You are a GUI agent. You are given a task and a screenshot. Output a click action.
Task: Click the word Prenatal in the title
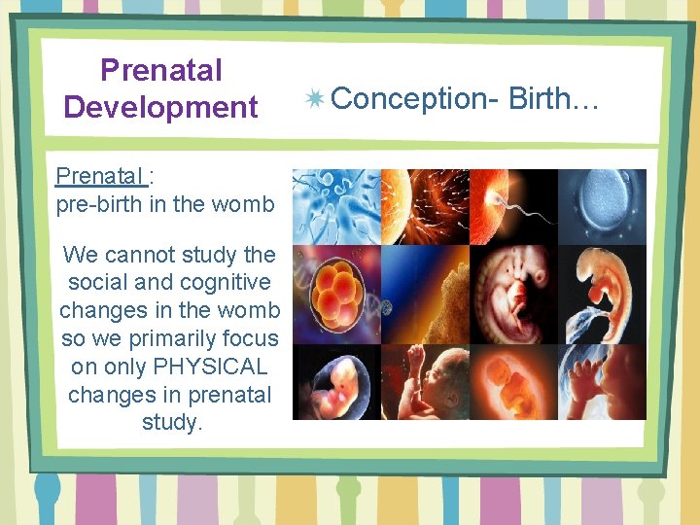click(x=161, y=70)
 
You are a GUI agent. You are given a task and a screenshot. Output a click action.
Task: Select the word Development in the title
click(x=161, y=106)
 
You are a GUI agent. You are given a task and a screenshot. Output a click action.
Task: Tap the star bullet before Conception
click(x=314, y=99)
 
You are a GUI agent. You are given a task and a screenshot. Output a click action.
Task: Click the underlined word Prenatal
click(x=100, y=176)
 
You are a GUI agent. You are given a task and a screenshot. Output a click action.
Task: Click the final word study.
click(x=170, y=424)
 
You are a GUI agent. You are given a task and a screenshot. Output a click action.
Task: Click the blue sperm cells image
click(x=335, y=206)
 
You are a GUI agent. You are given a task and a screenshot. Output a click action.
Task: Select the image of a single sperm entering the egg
click(x=513, y=206)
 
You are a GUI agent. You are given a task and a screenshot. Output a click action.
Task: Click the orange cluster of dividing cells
click(x=335, y=293)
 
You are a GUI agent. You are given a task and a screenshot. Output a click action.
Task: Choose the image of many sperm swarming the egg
click(x=425, y=206)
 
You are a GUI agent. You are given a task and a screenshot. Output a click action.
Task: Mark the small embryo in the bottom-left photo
click(x=335, y=381)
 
